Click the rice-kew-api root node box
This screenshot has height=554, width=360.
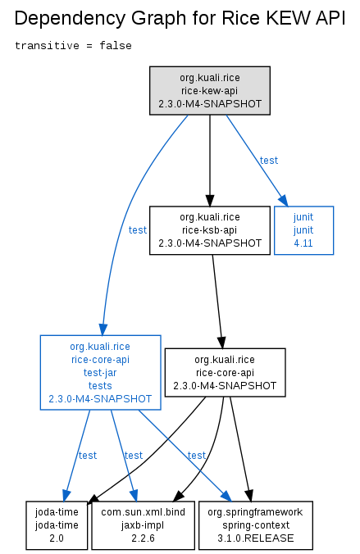tap(210, 90)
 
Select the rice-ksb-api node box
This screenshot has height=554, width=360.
tap(210, 230)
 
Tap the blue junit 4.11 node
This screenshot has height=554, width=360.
tap(303, 230)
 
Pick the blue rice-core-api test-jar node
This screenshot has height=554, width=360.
tap(100, 372)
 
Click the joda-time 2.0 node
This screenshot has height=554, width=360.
tap(57, 525)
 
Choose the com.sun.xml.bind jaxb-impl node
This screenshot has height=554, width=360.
tap(143, 525)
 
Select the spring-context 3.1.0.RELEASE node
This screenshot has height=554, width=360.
tap(256, 525)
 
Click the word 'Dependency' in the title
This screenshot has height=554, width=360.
tap(70, 18)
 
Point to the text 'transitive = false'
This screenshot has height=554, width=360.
tap(73, 46)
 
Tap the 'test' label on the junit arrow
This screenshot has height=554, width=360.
tap(269, 161)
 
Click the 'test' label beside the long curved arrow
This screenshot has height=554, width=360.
tap(138, 230)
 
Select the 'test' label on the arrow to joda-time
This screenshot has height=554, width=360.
tap(88, 456)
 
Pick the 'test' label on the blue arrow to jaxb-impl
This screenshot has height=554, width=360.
tap(134, 456)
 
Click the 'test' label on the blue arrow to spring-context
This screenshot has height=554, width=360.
tap(197, 456)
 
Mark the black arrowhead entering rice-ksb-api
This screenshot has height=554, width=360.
tap(210, 200)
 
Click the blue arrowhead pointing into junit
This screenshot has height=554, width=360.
tap(284, 200)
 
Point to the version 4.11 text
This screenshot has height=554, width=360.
tap(303, 243)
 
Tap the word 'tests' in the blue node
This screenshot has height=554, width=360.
tap(100, 385)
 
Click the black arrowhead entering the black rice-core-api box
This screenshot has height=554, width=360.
tap(221, 343)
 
